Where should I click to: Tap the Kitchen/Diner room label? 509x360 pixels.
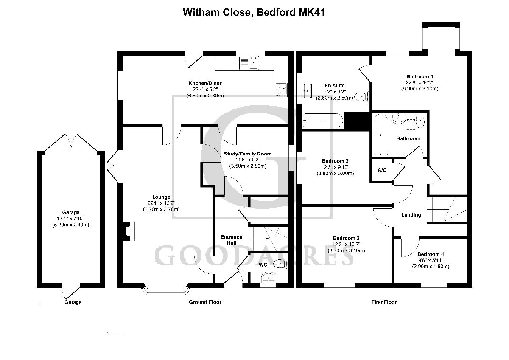tap(205, 83)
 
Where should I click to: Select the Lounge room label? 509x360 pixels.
tap(162, 197)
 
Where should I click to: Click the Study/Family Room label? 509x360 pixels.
tap(248, 154)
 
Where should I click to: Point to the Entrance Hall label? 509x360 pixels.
tap(231, 240)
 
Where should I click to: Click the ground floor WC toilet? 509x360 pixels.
tap(280, 264)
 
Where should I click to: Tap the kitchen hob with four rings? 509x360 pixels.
tap(281, 89)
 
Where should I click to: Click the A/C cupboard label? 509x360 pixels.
tap(382, 170)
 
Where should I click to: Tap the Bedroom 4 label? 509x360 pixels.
tap(430, 254)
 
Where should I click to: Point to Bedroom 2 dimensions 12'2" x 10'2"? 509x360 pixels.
tap(346, 244)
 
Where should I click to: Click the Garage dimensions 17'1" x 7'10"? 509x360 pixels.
tap(70, 219)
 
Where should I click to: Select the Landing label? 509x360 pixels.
tap(411, 215)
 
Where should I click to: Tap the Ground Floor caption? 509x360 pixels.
tap(205, 302)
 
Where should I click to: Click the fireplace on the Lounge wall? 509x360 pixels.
tap(127, 231)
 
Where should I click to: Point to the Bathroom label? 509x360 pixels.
tap(408, 138)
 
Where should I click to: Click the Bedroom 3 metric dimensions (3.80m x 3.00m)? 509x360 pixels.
tap(335, 173)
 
